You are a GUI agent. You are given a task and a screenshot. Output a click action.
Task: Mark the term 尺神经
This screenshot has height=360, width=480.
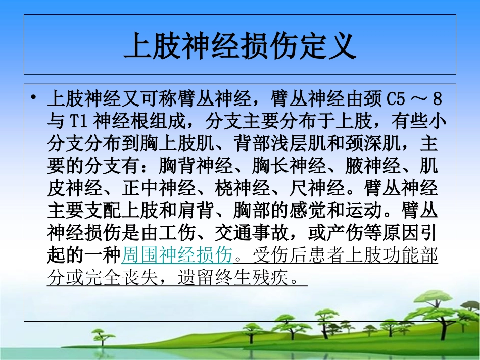point(321,188)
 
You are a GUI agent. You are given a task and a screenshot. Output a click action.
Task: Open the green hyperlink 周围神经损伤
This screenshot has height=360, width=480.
point(177,255)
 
